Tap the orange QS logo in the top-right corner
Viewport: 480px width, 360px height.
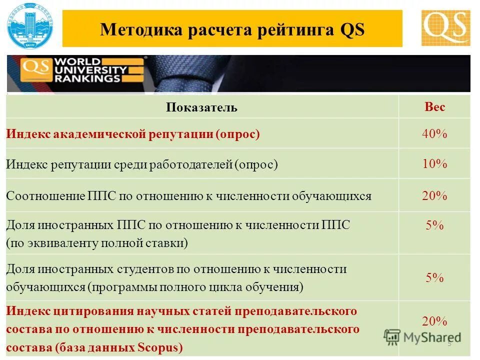coord(445,28)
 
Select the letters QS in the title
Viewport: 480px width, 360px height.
coord(352,29)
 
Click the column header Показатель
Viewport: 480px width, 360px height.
coord(202,108)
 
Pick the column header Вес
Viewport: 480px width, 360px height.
coord(434,107)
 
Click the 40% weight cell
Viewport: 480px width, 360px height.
coord(434,134)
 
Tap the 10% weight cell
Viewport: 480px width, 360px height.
coord(434,164)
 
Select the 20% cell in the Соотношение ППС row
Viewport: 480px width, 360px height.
coord(434,196)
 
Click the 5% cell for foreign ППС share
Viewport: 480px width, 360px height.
coord(434,225)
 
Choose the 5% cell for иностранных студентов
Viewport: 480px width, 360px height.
coord(434,278)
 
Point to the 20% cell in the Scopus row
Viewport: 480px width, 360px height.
coord(434,321)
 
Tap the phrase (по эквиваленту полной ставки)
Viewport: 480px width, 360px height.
coord(97,243)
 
